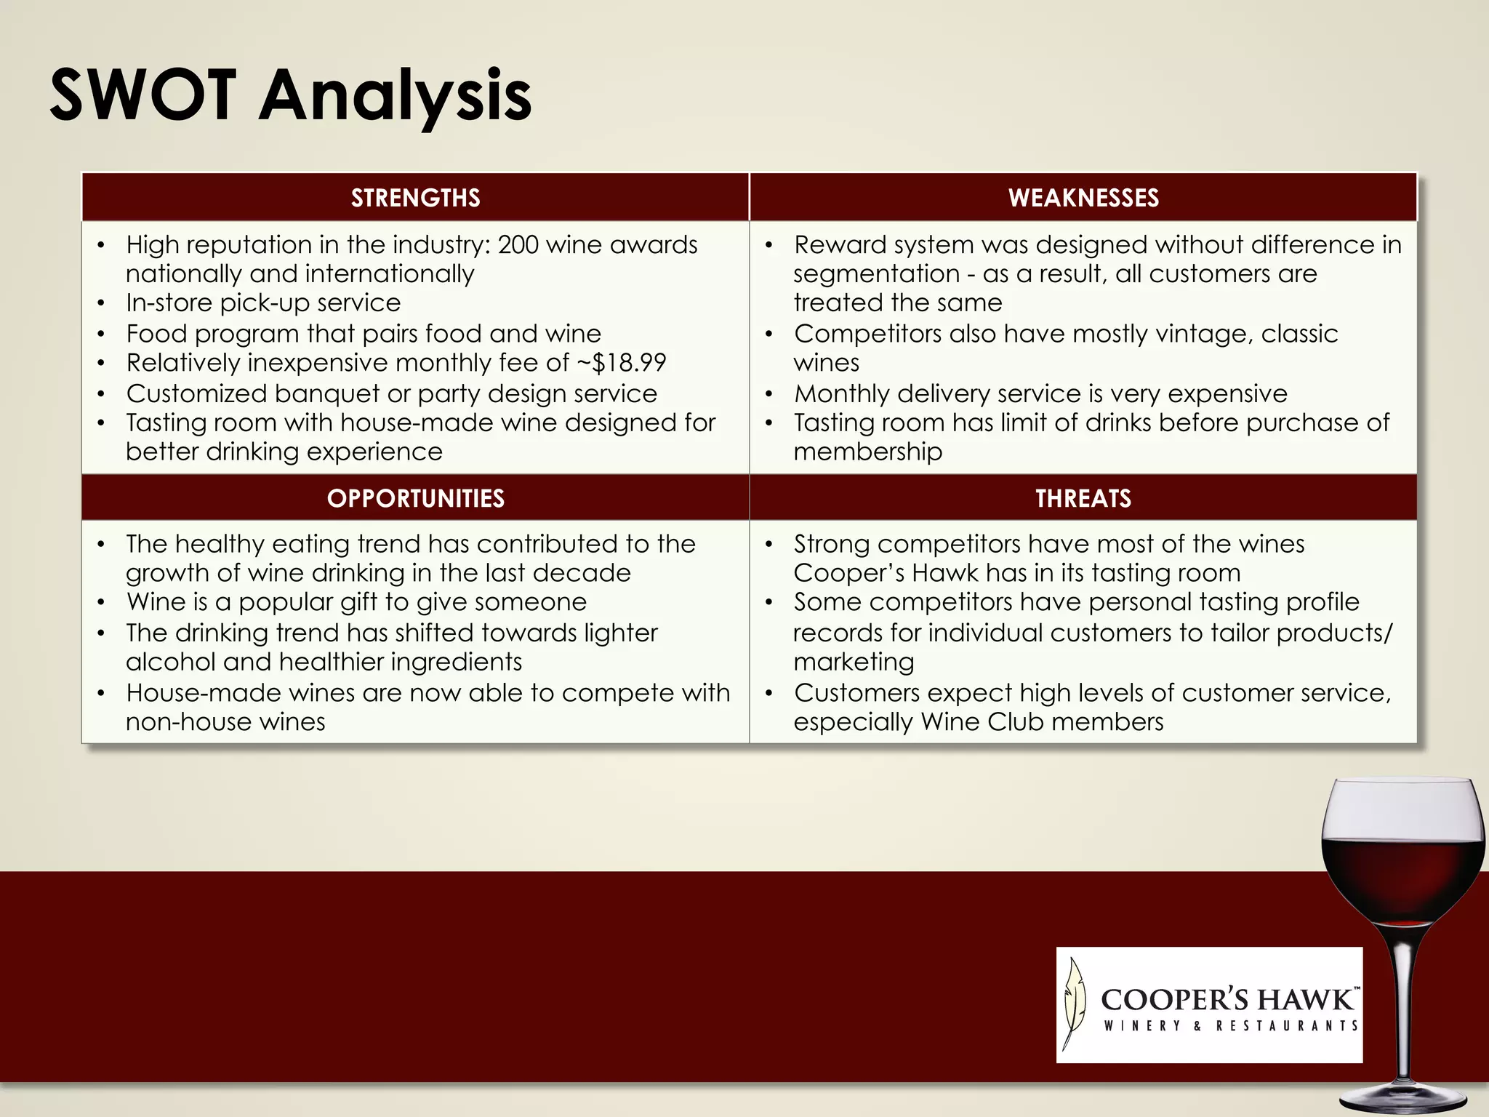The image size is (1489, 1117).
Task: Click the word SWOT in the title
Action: point(143,95)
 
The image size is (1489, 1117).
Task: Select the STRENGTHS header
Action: point(415,198)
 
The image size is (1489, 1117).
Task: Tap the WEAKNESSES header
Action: point(1083,198)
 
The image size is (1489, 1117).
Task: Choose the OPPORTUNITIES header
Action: point(415,498)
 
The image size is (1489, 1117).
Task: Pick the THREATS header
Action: point(1083,498)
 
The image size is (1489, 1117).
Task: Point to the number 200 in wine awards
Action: point(518,244)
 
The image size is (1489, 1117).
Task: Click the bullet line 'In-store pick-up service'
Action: point(263,303)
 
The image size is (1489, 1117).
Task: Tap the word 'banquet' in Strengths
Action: point(326,393)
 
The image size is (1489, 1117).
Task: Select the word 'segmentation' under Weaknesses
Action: point(876,273)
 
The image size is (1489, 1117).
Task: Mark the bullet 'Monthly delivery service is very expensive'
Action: point(1040,393)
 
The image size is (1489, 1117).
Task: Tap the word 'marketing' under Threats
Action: point(854,662)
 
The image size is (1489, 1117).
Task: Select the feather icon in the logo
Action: point(1075,1004)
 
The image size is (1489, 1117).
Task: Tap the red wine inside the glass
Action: point(1402,880)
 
